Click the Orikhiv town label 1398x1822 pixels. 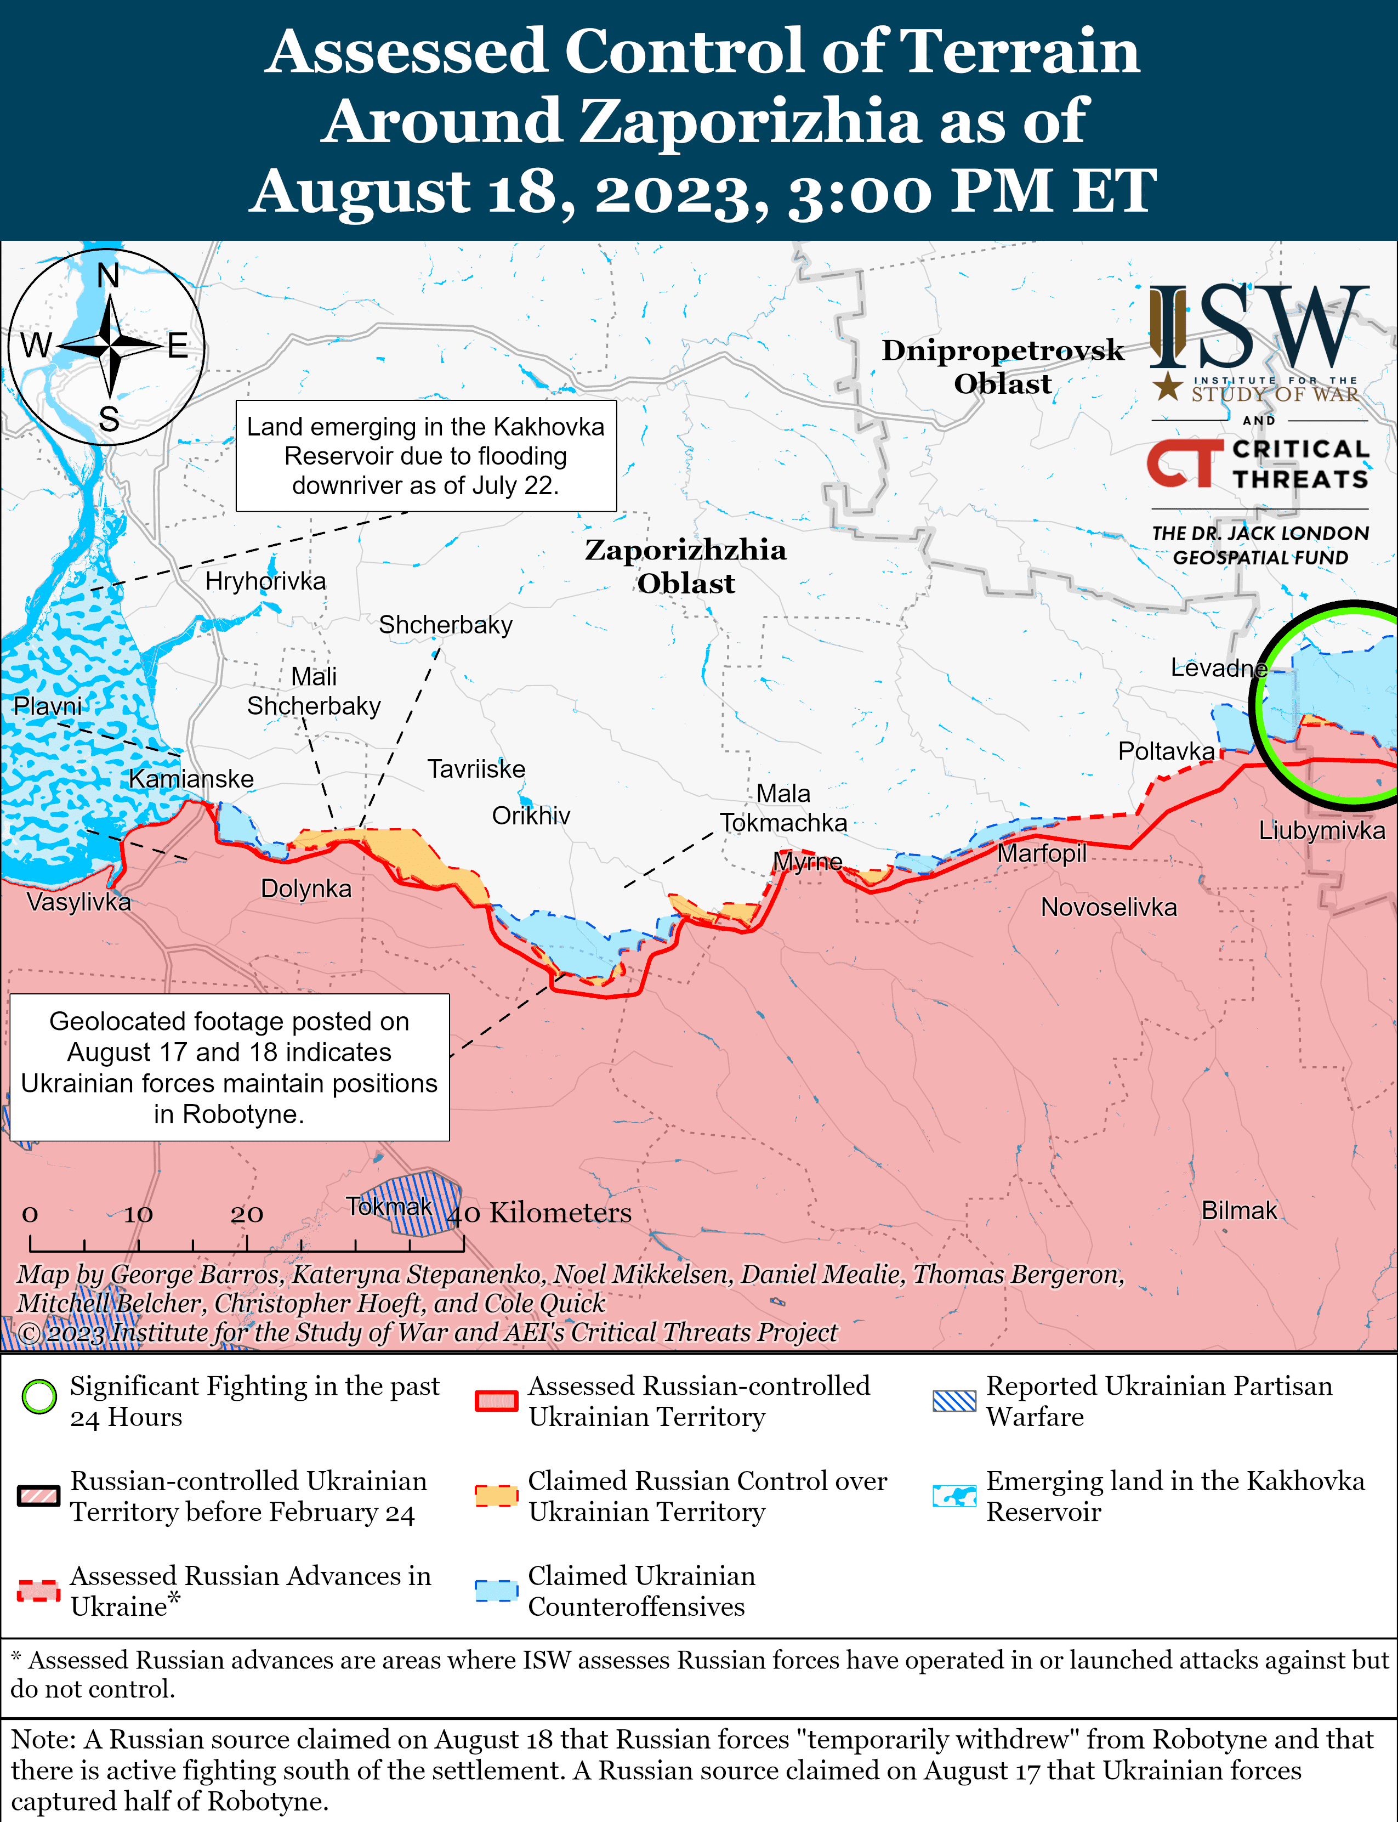531,816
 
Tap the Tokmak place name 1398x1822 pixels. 389,1206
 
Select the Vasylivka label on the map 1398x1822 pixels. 78,902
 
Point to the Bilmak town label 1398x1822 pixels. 1238,1210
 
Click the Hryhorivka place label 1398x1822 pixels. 265,581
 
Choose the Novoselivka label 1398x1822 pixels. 1109,907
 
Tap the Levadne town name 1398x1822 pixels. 1218,667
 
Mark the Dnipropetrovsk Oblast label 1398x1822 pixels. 1003,366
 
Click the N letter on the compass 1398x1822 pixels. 108,275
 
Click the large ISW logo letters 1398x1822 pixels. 1258,328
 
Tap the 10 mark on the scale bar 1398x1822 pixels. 138,1214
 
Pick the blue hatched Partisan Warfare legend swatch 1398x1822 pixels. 953,1401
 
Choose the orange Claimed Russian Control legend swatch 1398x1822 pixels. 496,1496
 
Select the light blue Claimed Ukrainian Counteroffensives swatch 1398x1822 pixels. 496,1591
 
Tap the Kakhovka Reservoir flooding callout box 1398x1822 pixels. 426,456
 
